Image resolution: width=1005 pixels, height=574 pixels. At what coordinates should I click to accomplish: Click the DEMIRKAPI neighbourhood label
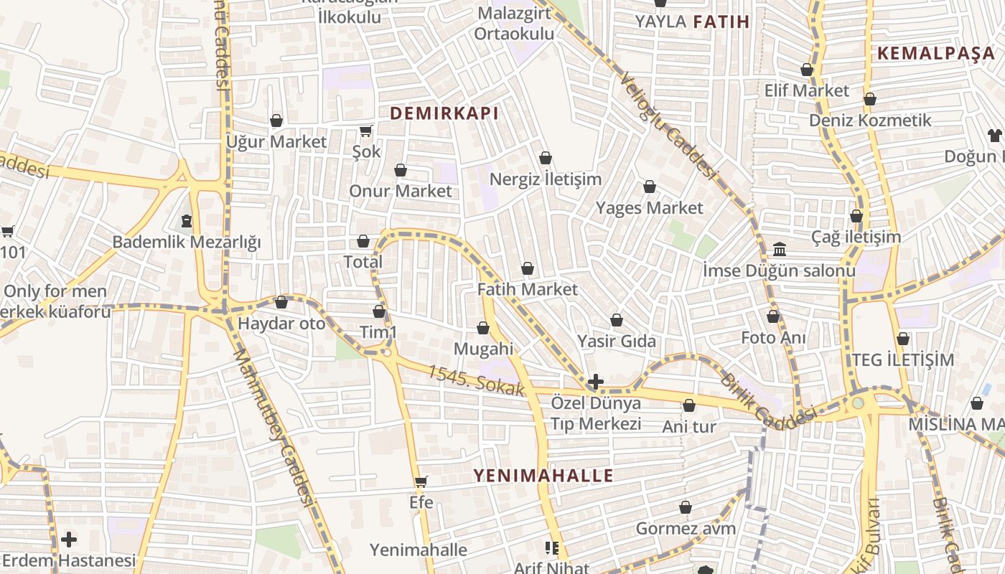444,113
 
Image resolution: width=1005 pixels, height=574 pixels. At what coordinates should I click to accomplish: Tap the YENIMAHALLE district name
543,475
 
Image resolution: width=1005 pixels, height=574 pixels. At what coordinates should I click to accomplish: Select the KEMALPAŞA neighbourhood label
935,53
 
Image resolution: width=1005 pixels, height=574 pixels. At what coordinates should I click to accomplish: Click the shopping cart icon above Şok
366,131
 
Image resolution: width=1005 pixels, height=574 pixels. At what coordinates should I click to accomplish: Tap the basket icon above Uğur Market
276,121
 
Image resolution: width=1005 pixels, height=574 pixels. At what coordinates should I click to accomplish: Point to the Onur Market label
401,191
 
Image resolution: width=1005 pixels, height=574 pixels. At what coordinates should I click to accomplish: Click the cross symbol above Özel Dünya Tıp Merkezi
595,382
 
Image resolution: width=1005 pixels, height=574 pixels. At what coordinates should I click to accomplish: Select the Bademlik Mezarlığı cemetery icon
187,220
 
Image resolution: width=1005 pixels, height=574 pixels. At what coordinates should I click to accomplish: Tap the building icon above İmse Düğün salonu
779,250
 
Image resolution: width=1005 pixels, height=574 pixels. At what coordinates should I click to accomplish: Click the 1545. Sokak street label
477,381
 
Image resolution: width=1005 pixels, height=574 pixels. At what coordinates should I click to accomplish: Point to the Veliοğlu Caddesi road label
668,126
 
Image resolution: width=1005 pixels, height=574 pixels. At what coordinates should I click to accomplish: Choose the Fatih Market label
528,289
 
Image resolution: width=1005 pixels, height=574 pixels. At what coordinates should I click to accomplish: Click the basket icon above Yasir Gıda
617,320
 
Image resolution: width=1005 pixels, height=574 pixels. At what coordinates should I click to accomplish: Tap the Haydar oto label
281,324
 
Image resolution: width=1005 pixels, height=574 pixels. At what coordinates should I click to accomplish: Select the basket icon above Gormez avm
686,508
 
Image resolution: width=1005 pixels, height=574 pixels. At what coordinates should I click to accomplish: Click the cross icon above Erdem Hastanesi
69,539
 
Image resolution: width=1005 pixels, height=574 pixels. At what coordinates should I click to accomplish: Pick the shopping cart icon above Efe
421,481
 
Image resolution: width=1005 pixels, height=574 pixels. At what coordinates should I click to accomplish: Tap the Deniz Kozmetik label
870,120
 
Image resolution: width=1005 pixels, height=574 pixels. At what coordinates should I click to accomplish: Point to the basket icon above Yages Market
650,187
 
